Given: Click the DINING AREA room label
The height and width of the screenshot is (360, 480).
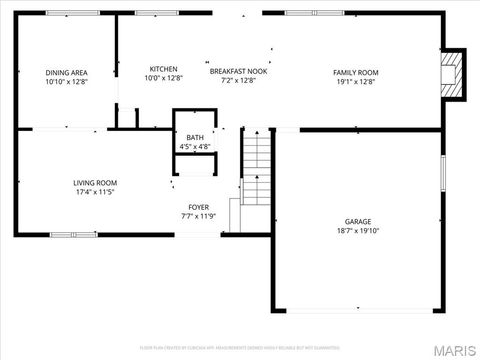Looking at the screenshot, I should click(x=66, y=72).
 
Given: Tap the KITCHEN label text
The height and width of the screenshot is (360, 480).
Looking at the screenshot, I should click(x=163, y=69).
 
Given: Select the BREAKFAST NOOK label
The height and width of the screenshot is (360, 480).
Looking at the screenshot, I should click(x=238, y=71).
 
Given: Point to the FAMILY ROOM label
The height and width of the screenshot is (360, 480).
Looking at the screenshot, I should click(x=355, y=72).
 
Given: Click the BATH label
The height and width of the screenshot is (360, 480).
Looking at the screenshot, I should click(x=194, y=137).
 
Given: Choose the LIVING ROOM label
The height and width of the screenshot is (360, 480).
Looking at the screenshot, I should click(x=95, y=183).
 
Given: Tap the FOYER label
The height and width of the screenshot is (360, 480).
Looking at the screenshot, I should click(x=198, y=207).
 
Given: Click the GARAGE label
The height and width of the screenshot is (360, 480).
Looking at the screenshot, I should click(x=358, y=221).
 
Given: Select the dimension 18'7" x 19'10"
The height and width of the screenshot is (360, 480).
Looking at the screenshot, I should click(x=358, y=231).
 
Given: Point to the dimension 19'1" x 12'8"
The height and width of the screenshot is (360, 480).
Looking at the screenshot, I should click(x=355, y=81).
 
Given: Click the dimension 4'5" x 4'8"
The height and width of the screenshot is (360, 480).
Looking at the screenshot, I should click(x=194, y=147).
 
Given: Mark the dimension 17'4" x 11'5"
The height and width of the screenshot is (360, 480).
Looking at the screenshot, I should click(x=95, y=192).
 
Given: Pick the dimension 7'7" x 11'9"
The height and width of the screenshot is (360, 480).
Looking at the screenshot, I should click(x=198, y=216).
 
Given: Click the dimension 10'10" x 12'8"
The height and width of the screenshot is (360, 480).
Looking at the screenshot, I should click(x=66, y=81).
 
